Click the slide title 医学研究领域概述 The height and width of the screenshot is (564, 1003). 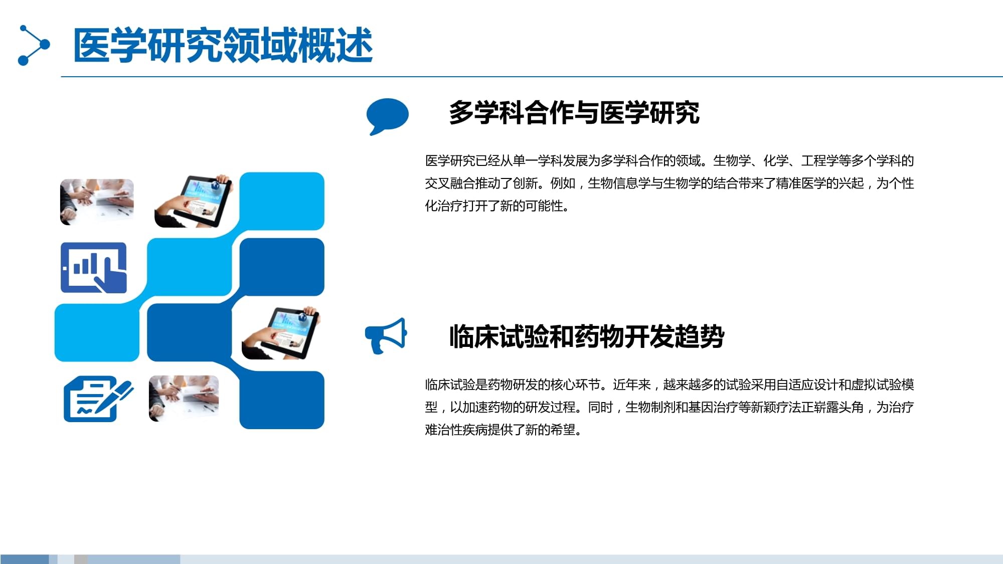coord(223,45)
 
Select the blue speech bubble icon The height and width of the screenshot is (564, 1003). coord(387,116)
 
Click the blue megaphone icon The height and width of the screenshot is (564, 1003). coord(386,335)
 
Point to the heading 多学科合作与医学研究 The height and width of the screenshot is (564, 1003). coord(574,112)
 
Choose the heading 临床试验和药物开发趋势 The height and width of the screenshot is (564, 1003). coord(586,336)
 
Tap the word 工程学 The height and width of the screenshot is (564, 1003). coord(819,161)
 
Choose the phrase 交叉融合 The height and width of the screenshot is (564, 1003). coord(450,183)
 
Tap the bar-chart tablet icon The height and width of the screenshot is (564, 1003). coord(94,268)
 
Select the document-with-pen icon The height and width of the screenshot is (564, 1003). coord(98,399)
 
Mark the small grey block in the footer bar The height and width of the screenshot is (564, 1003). coord(81,559)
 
